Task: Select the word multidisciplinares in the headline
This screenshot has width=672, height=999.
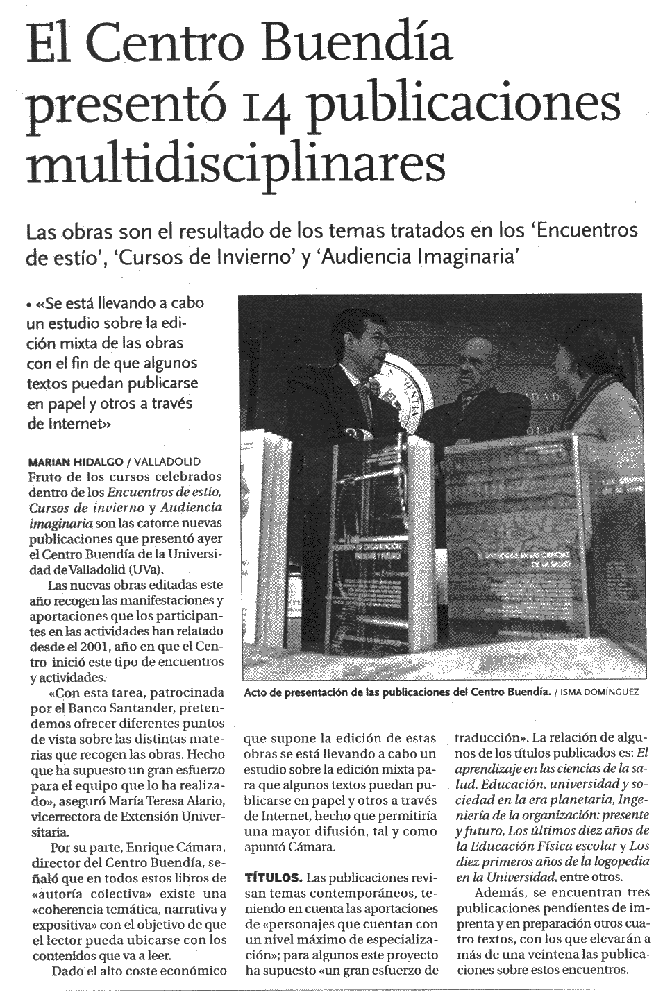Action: click(235, 165)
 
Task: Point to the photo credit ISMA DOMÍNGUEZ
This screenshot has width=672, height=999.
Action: click(602, 692)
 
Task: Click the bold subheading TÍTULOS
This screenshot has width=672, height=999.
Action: click(274, 877)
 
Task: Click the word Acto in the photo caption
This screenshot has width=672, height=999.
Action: click(256, 692)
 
